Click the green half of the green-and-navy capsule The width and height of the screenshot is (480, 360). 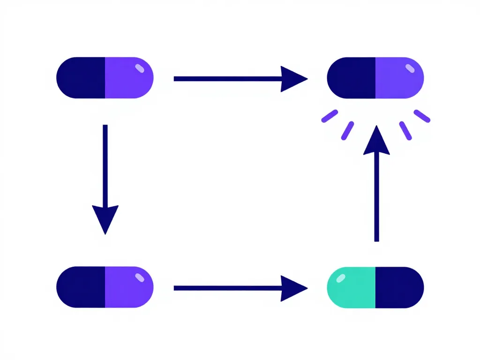pos(352,288)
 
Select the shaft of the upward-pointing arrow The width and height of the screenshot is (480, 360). pos(376,197)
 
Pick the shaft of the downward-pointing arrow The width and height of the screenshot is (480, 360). pos(105,164)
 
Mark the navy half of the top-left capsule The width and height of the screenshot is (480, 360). pos(81,78)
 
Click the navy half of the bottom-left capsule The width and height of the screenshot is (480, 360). pos(81,287)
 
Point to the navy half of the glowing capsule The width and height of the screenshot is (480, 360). pos(352,78)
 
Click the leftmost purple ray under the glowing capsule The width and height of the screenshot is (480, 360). pos(330,116)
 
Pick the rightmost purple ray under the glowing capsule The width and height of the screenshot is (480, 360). pos(422,116)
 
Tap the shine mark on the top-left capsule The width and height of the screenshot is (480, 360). pos(140,68)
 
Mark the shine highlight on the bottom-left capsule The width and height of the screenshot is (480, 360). pos(140,278)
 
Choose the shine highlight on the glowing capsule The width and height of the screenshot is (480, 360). pos(410,68)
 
